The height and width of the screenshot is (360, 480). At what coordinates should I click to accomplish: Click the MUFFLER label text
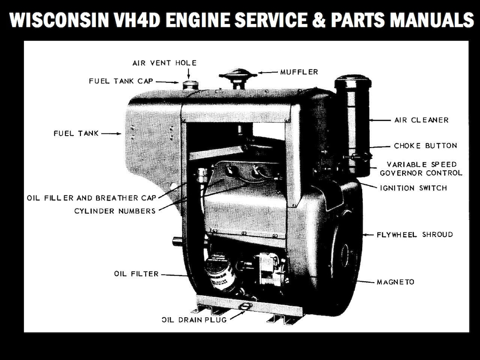pos(299,72)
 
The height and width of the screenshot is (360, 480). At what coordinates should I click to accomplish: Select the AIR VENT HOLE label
pos(164,63)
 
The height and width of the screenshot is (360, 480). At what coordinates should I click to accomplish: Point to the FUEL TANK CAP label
pos(121,81)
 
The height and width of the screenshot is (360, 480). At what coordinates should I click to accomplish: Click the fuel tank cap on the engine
pos(190,84)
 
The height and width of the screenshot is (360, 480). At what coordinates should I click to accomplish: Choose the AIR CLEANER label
pos(421,120)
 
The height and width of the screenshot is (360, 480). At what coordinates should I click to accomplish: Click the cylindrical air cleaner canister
pos(352,124)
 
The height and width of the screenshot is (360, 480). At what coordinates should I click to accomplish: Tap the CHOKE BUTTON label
pos(425,146)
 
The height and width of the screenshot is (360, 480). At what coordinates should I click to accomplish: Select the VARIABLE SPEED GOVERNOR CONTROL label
pos(421,168)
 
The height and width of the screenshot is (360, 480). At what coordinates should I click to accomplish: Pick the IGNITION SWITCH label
pos(413,188)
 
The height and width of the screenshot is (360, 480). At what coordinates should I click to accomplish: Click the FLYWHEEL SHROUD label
pos(415,234)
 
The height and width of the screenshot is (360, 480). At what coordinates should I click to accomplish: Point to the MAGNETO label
pos(395,282)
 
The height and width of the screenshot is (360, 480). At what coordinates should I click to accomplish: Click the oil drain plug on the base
pos(244,306)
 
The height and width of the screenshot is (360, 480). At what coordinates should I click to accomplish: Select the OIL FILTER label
pos(136,274)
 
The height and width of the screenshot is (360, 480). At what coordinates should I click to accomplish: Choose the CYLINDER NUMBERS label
pos(115,211)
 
